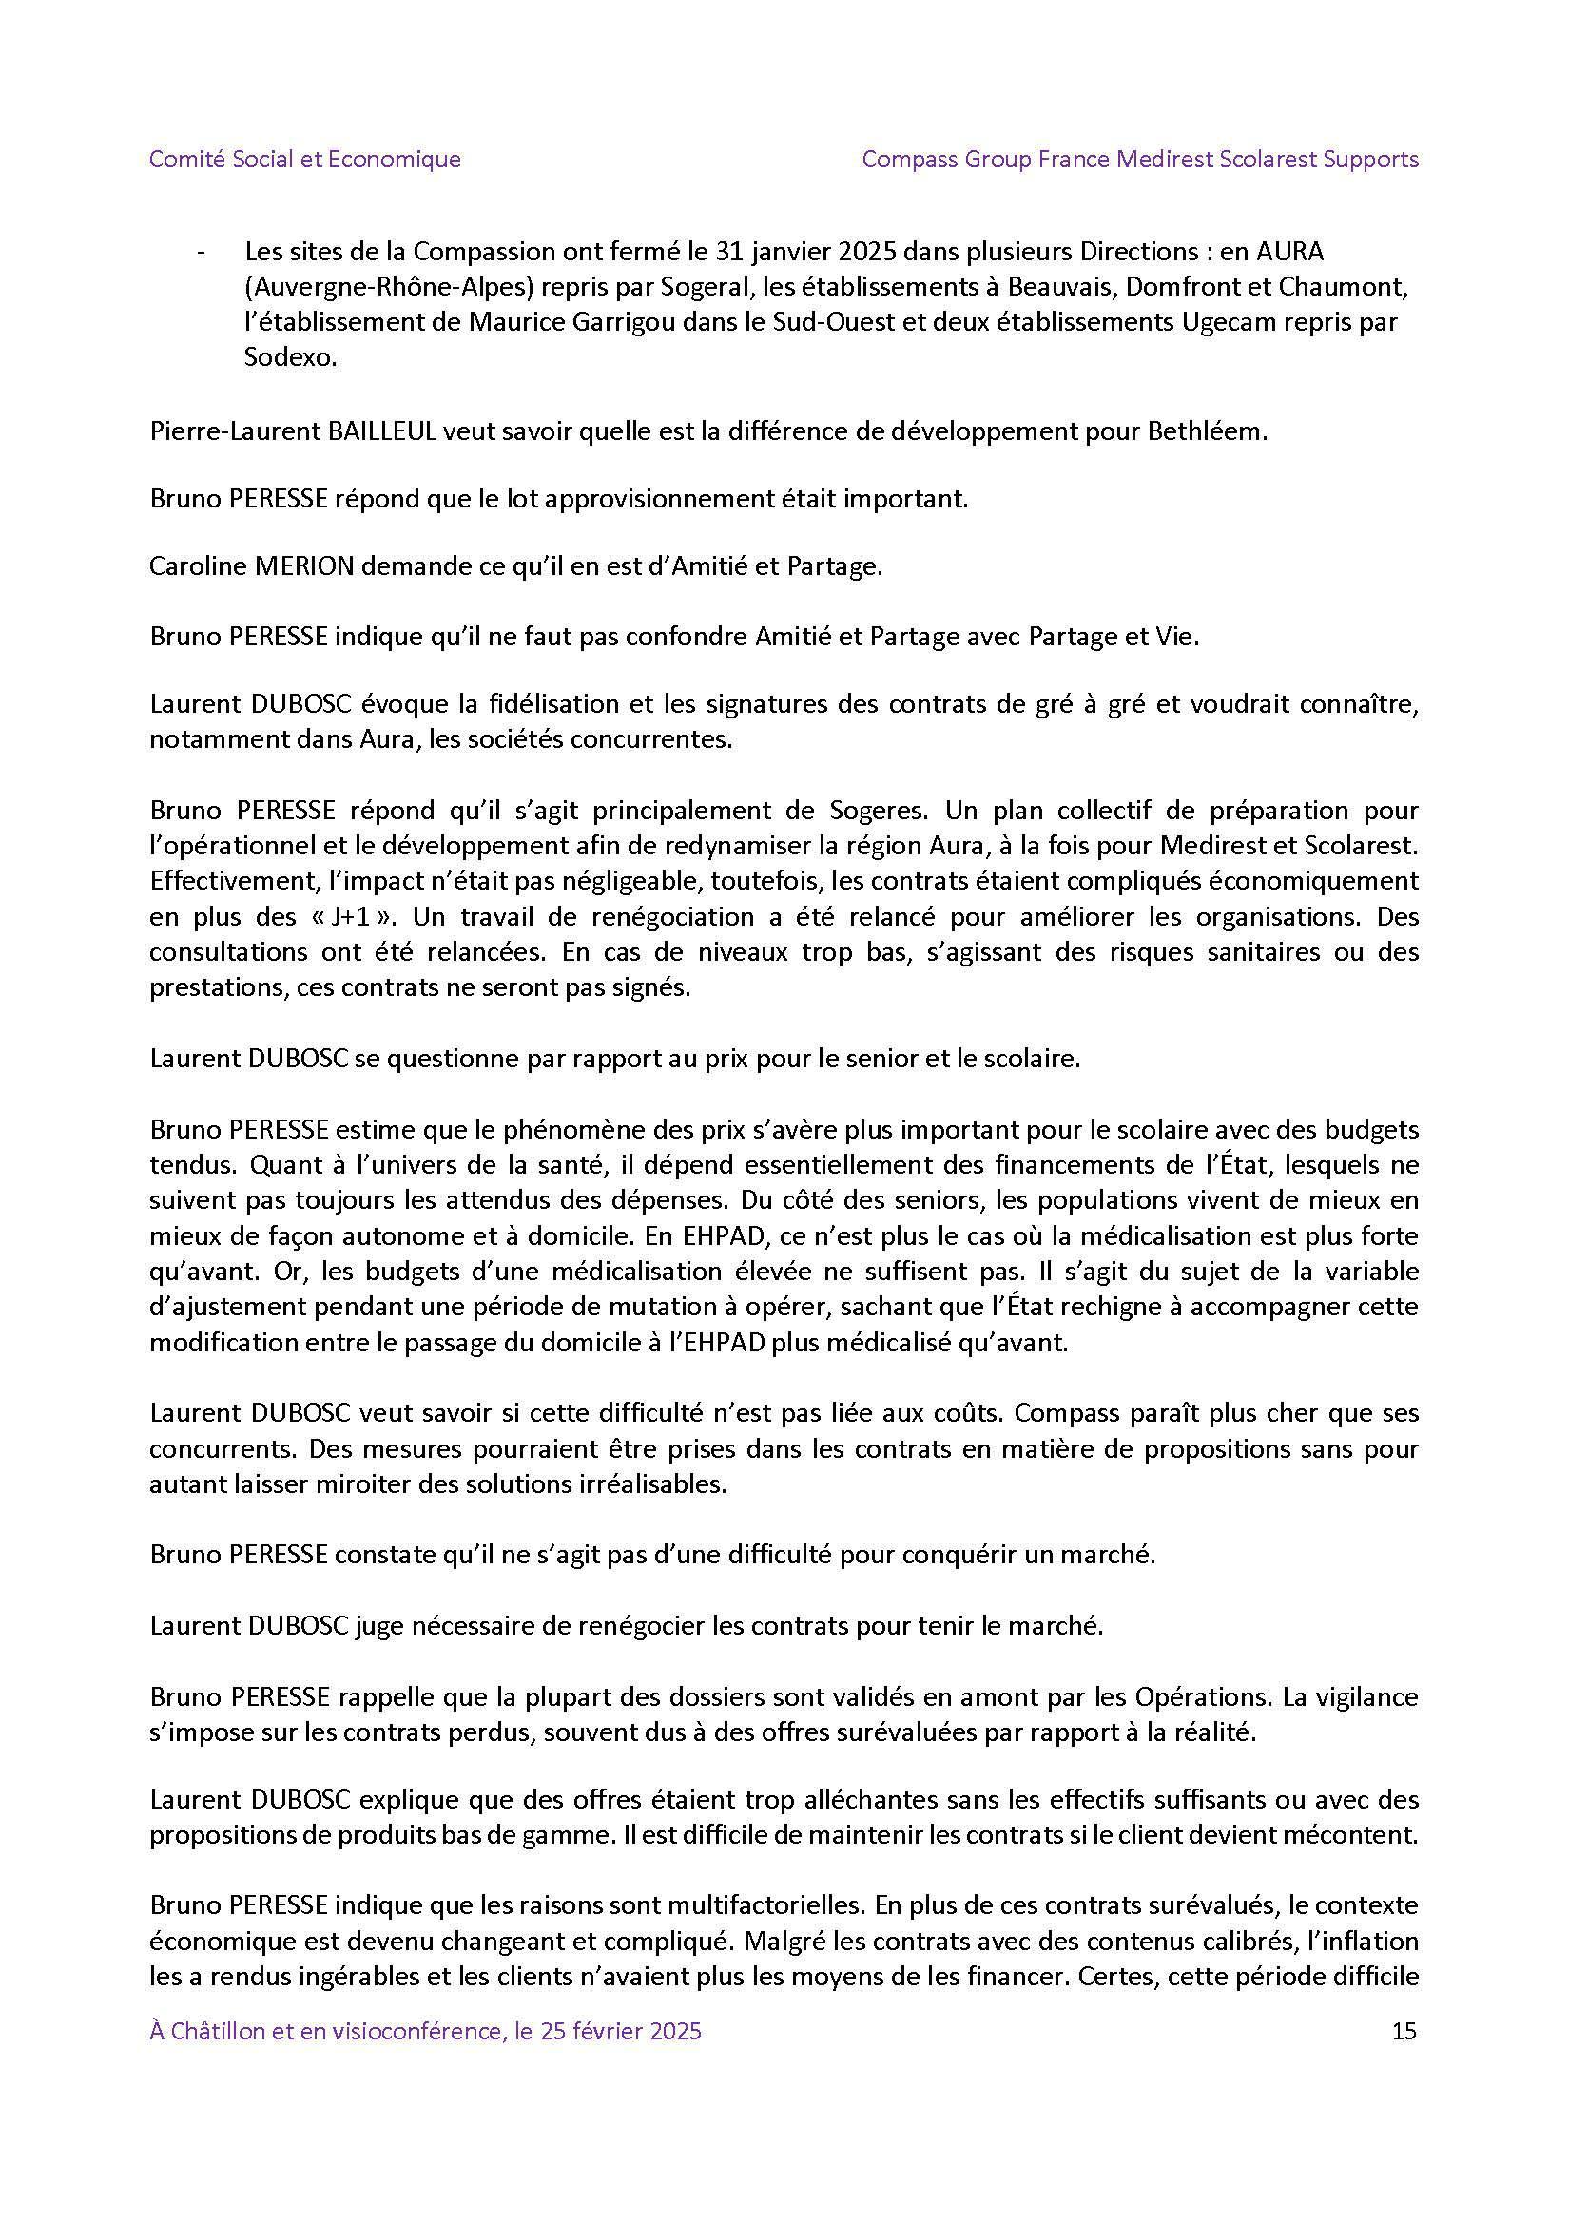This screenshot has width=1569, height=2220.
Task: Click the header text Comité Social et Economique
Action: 304,159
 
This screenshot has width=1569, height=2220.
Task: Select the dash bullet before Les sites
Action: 201,254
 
